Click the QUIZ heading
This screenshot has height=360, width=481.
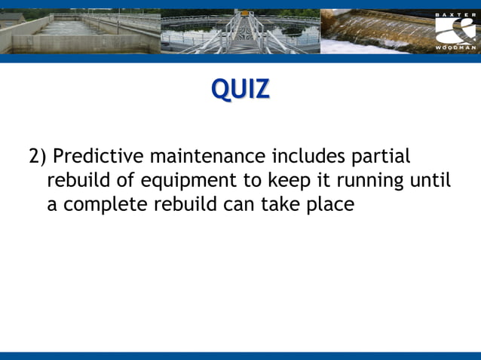pyautogui.click(x=240, y=89)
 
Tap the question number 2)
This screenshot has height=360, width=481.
pyautogui.click(x=38, y=157)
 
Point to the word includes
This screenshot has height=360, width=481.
pyautogui.click(x=309, y=157)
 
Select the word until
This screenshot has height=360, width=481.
pyautogui.click(x=430, y=181)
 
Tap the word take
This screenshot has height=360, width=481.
pyautogui.click(x=280, y=205)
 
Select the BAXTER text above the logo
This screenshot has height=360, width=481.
pyautogui.click(x=455, y=14)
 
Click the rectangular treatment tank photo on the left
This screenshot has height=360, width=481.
pyautogui.click(x=79, y=32)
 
